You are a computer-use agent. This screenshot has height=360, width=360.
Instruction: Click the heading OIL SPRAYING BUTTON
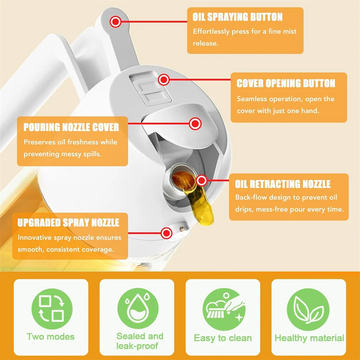pyautogui.click(x=238, y=18)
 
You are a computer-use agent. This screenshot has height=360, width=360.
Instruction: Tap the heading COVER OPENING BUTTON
pyautogui.click(x=286, y=84)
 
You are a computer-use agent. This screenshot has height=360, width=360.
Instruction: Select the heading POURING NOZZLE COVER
pyautogui.click(x=71, y=127)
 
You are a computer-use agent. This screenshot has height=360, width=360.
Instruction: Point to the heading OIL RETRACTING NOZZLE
pyautogui.click(x=283, y=184)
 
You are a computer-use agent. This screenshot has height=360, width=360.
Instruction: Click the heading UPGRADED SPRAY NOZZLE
pyautogui.click(x=68, y=223)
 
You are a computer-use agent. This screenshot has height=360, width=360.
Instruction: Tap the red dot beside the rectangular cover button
pyautogui.click(x=163, y=80)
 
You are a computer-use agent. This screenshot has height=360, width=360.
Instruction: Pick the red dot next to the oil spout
pyautogui.click(x=201, y=180)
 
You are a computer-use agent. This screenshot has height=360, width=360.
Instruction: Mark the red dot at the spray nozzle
pyautogui.click(x=166, y=233)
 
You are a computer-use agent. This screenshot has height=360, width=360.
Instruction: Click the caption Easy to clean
pyautogui.click(x=223, y=338)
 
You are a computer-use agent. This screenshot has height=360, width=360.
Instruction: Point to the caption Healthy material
pyautogui.click(x=309, y=338)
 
